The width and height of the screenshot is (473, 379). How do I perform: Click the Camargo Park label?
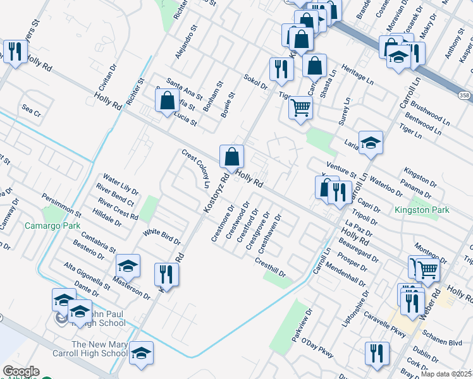pos(52,226)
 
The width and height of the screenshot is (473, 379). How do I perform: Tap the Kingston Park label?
pos(422,210)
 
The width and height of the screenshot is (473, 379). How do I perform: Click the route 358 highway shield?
pos(464,95)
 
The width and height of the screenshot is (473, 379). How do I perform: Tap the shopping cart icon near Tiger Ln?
pos(300,107)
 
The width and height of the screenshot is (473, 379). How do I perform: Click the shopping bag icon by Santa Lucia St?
pos(166,101)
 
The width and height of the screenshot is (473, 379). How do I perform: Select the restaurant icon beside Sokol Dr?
pos(278,69)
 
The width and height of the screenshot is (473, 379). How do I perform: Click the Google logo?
pos(21,372)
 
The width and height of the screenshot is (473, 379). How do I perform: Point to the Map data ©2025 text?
pos(446,374)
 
